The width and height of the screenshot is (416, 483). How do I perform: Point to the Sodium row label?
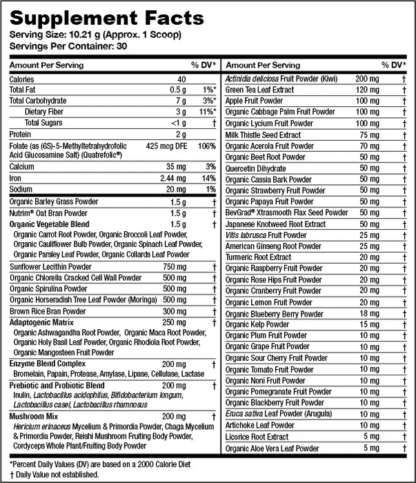click(21, 189)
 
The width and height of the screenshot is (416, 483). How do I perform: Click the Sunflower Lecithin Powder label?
click(51, 267)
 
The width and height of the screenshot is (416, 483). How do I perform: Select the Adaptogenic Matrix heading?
click(41, 322)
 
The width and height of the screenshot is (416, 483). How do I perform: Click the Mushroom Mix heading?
click(33, 417)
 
